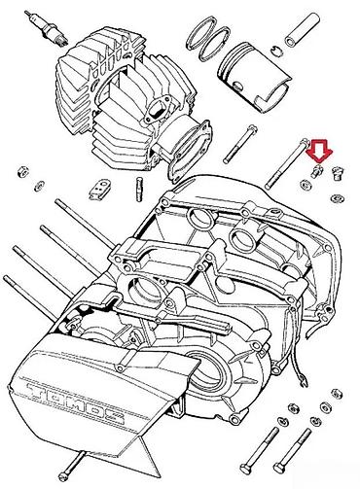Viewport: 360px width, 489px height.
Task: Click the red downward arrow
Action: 320,151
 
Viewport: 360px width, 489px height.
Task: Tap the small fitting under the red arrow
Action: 317,170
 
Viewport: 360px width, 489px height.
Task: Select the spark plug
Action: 42,27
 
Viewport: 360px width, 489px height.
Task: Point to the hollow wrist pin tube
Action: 303,28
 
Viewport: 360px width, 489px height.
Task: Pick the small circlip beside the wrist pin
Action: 276,50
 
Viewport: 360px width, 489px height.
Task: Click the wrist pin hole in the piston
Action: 238,85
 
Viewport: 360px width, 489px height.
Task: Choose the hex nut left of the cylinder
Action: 22,171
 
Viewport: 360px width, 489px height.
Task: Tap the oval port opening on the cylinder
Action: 157,108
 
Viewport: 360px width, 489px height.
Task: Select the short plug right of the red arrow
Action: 340,173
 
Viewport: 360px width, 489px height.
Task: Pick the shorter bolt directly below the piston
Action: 240,144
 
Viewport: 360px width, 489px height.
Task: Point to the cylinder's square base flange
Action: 190,149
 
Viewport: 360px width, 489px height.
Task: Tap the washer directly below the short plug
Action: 338,198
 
